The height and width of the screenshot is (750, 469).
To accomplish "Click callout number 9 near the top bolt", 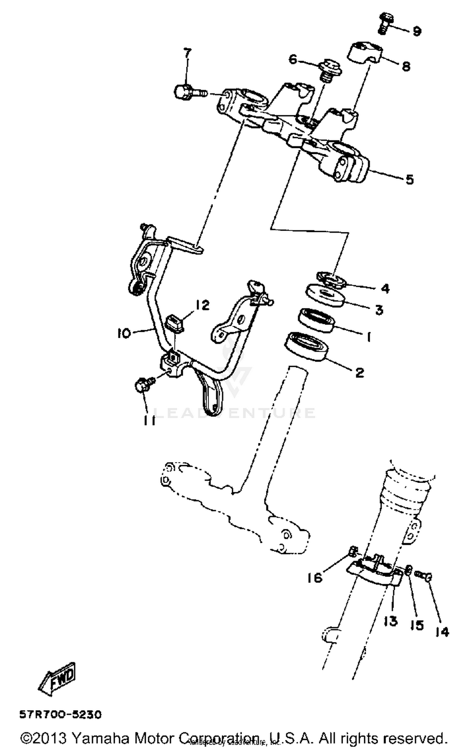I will (x=417, y=31).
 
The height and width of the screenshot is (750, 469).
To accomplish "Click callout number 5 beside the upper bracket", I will (x=410, y=179).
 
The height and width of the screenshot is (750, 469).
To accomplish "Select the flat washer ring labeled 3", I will (x=325, y=295).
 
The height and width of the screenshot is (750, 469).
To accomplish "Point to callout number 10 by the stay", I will (x=124, y=334).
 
